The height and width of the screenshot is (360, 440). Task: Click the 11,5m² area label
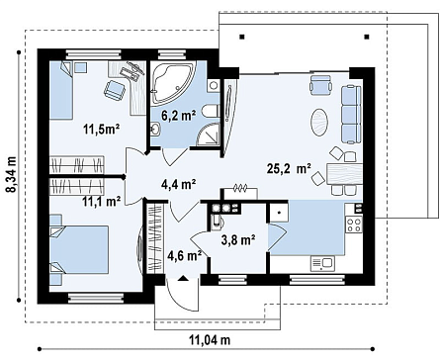pos(101,130)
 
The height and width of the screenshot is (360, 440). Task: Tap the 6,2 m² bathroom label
pos(178,115)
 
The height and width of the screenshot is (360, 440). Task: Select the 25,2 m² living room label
pos(289,169)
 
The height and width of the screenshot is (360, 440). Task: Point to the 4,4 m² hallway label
pos(179,184)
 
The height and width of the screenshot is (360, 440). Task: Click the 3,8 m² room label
pos(238,240)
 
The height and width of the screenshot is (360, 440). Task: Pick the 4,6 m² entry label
pos(185,255)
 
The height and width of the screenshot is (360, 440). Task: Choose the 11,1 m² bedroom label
pos(101,201)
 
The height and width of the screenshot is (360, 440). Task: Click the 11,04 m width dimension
pos(210,339)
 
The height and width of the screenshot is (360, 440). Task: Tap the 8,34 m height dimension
pos(12,175)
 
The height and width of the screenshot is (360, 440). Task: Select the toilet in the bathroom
pos(211,111)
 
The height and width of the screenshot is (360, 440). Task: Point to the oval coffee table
pos(319,123)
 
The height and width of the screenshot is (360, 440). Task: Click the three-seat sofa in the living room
pos(351,115)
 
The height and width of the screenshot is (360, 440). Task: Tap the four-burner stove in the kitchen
pos(354,225)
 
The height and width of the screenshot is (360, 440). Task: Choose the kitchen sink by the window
pos(322,264)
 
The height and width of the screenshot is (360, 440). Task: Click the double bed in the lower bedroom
pos(79,249)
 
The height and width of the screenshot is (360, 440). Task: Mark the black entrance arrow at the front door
pos(183,278)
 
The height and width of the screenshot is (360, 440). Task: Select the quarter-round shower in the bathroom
pos(208,135)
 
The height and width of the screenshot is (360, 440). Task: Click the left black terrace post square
pos(242,37)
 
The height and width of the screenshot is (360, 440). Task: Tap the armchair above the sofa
pos(320,83)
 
